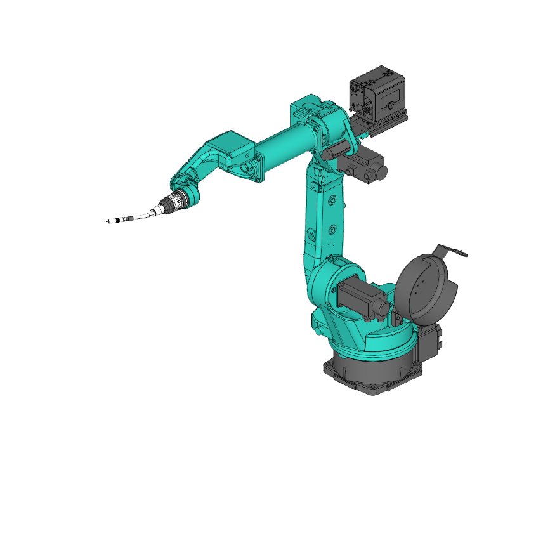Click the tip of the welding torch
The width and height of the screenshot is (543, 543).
click(107, 222)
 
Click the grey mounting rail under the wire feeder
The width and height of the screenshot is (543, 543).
click(381, 126)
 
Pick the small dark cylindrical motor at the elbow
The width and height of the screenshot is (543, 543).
click(334, 150)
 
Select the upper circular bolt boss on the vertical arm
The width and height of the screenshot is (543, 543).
click(332, 200)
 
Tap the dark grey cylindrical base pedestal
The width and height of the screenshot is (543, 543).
click(374, 368)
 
